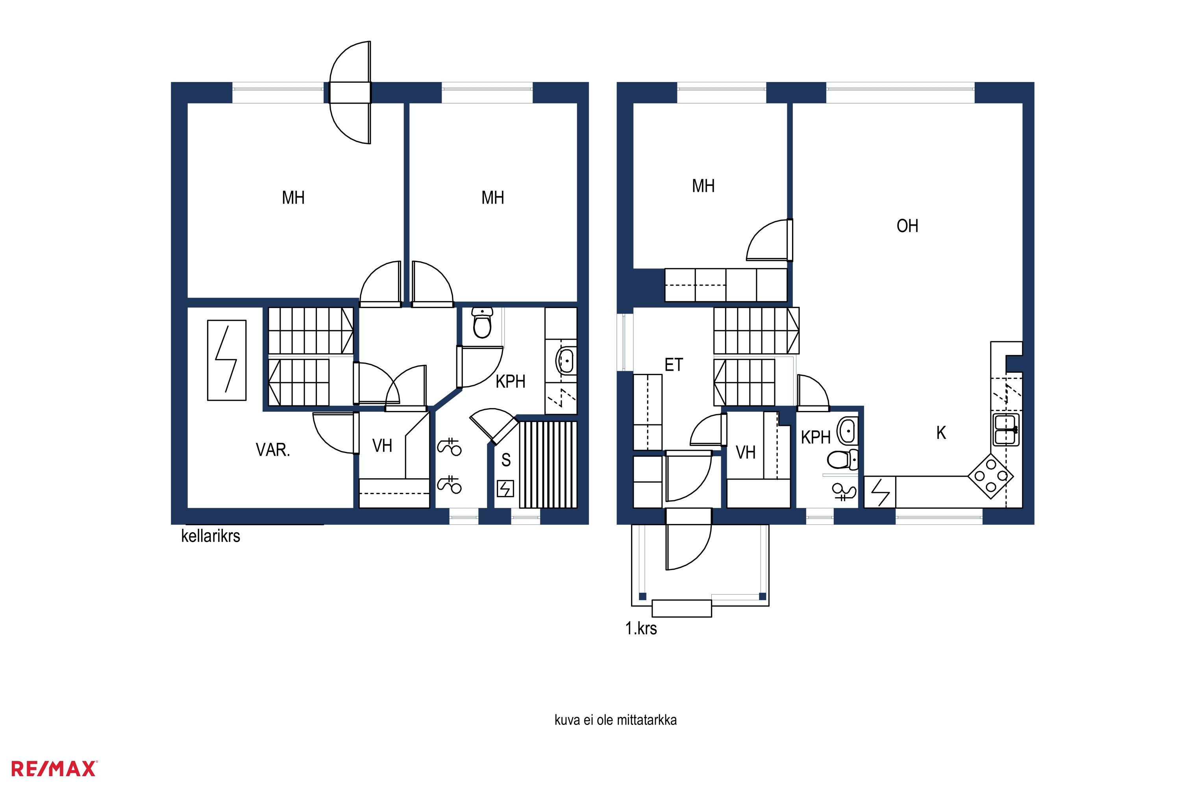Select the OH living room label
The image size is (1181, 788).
[x=907, y=226]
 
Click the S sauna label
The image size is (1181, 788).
[x=506, y=460]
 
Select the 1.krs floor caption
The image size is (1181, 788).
[x=641, y=628]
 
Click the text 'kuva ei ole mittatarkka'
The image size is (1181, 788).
[x=616, y=720]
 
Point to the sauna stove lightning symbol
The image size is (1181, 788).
[x=505, y=489]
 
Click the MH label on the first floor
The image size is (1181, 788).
[x=703, y=186]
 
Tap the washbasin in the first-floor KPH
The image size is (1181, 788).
[x=848, y=431]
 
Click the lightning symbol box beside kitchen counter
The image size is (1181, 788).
[x=880, y=492]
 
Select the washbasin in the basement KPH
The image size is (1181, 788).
[x=566, y=361]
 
